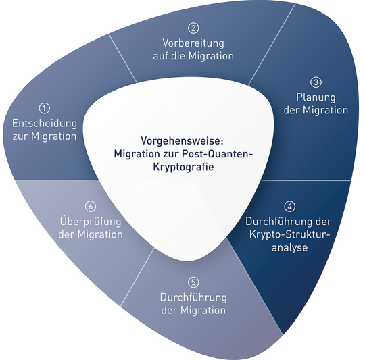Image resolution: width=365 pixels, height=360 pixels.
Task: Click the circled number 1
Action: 45,108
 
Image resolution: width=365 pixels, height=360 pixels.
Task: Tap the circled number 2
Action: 193,28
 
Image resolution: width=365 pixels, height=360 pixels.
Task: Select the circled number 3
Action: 316,82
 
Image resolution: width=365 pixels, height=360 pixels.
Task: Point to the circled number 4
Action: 289,207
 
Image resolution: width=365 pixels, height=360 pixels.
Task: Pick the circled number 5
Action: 193,282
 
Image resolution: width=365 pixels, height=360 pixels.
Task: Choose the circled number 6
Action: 91,207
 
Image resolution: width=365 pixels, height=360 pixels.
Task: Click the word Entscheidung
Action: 45,123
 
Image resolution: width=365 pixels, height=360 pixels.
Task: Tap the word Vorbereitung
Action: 193,43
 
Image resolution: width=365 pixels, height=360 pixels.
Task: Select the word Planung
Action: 316,98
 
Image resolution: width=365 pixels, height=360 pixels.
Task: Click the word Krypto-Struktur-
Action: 289,234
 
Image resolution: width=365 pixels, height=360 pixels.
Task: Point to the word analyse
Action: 289,247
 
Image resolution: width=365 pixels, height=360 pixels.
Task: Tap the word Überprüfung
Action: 91,221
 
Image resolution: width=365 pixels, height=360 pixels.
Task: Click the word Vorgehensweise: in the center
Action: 182,141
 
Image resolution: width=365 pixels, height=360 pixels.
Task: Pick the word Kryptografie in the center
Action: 183,167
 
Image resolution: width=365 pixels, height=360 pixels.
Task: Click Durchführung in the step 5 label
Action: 193,297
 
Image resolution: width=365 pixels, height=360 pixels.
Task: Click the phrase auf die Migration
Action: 193,56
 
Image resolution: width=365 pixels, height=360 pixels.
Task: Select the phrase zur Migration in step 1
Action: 45,136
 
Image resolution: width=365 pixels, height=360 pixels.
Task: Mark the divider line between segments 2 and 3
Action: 272,44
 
